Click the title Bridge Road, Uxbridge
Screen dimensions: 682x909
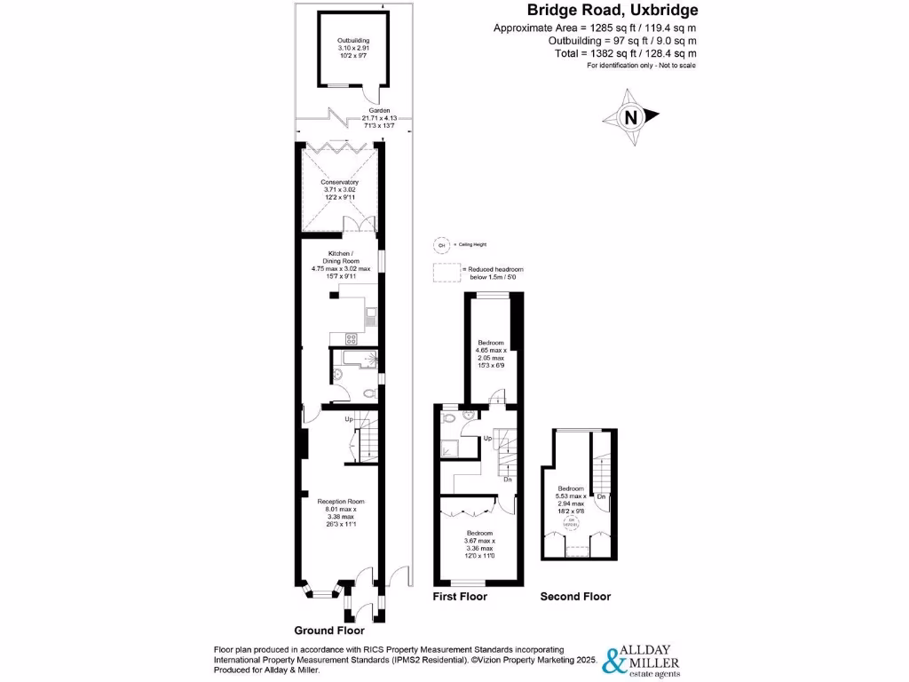tap(613, 11)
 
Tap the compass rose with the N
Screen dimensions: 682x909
tap(631, 117)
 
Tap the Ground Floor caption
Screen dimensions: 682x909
tap(329, 631)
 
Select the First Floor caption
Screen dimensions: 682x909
tap(460, 597)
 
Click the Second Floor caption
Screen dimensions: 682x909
tap(575, 597)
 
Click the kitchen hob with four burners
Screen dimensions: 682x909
tap(349, 337)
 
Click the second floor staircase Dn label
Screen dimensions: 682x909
tap(601, 496)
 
